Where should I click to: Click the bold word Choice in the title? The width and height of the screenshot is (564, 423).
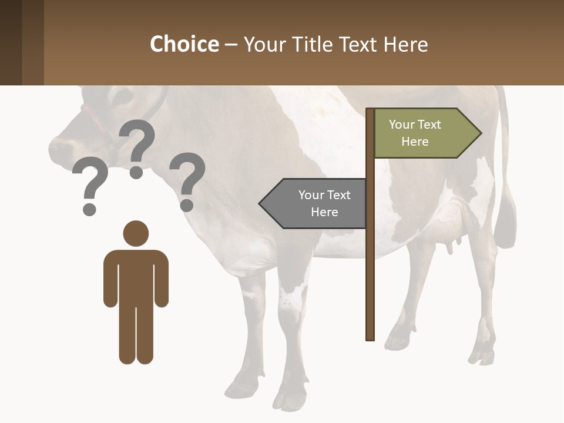point(184,44)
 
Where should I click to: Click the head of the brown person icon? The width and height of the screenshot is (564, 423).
point(136,233)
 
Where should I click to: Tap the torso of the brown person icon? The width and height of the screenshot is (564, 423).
point(136,276)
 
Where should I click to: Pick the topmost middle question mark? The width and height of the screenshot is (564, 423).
point(137,147)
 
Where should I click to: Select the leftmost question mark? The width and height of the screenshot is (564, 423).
point(90,189)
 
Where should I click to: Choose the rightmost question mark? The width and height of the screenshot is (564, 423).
point(187,180)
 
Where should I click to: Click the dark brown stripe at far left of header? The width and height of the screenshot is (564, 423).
point(11,42)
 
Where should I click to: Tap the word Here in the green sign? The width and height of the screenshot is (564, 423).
point(415,142)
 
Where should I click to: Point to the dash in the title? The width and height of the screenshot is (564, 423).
point(231,45)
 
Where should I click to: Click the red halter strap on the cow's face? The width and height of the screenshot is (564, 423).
point(94,117)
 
